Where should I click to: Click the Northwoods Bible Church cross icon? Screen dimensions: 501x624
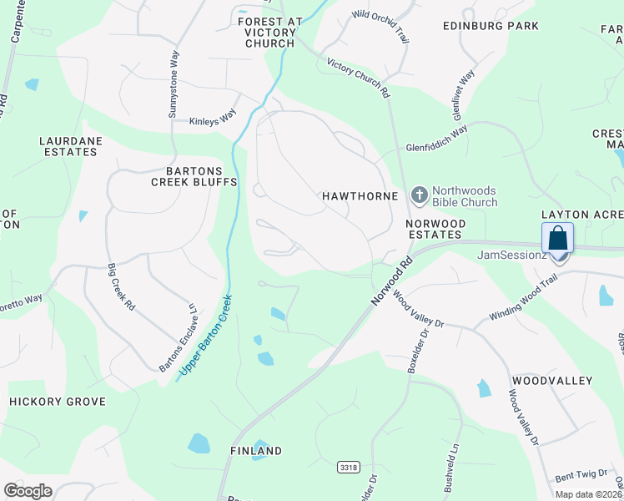[419, 195]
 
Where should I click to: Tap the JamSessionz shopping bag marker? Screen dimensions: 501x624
[557, 238]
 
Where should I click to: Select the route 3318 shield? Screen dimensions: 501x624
[350, 468]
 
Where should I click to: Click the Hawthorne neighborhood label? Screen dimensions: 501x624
[355, 195]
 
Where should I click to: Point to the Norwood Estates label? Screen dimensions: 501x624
[435, 229]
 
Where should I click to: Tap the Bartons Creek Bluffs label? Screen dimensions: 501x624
[194, 175]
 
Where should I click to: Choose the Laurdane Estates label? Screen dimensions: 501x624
[69, 147]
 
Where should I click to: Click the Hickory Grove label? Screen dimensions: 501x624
[58, 402]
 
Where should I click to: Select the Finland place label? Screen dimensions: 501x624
[256, 451]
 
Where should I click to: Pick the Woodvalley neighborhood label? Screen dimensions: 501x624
[552, 381]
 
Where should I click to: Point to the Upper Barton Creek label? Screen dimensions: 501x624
[204, 338]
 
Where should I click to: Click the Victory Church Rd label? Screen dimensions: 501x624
[359, 78]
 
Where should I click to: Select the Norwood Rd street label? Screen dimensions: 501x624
[393, 281]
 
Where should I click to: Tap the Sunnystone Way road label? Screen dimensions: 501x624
[174, 84]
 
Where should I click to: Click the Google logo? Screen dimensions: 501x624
[28, 491]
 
